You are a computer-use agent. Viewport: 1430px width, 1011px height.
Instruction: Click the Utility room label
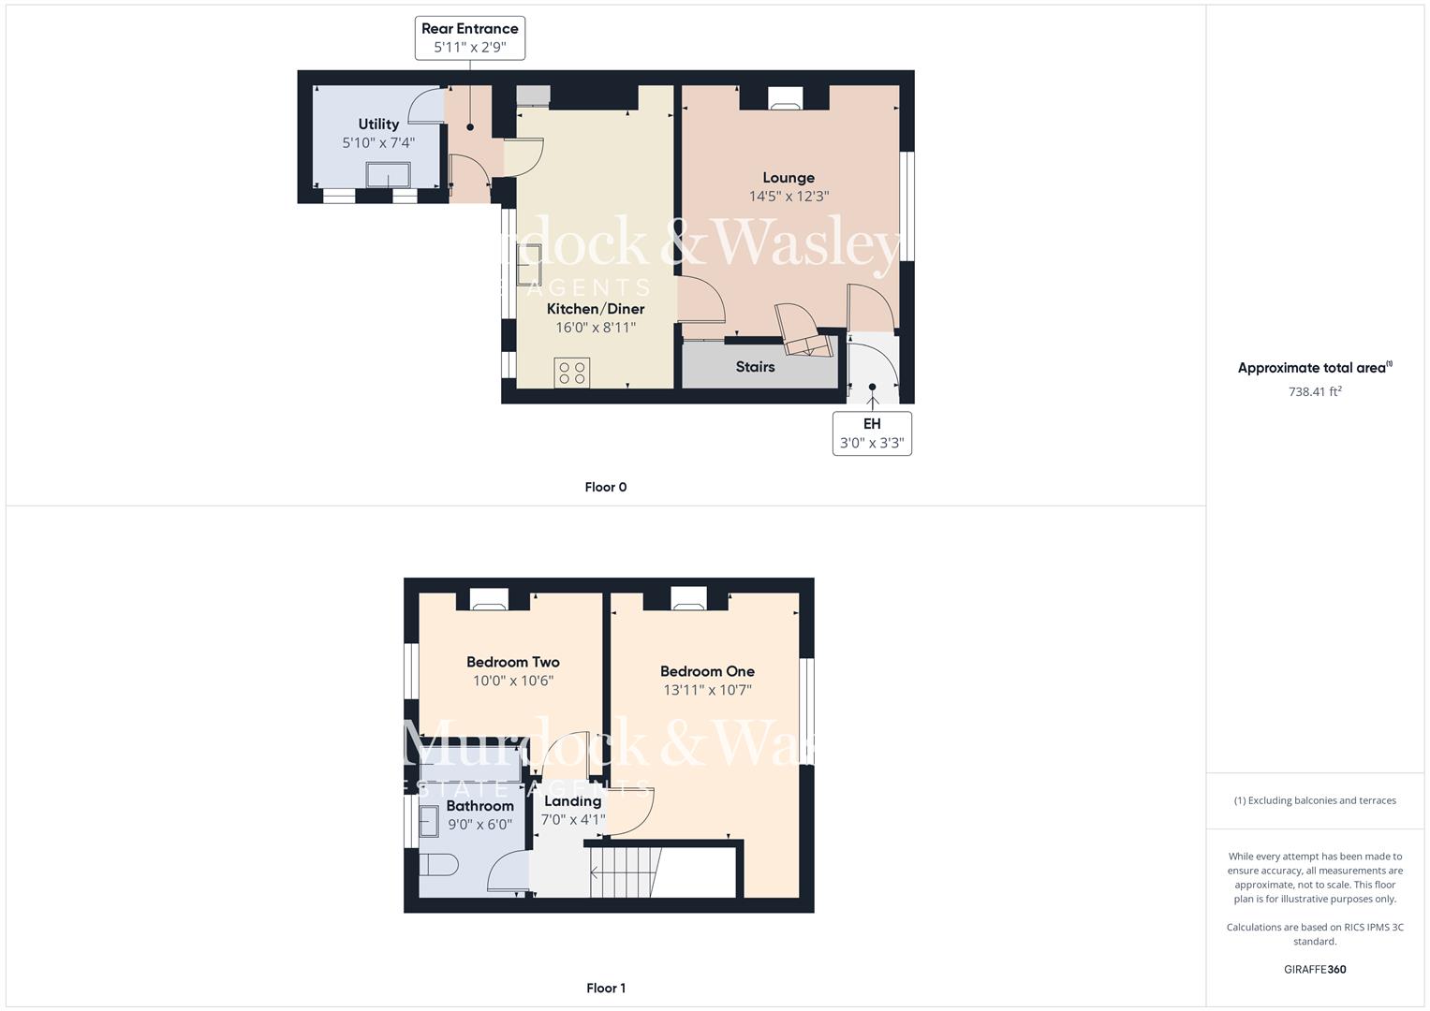click(x=378, y=124)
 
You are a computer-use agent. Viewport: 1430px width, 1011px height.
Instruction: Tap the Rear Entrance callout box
click(x=469, y=38)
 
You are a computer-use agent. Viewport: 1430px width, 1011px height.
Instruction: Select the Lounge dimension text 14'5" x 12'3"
click(x=789, y=197)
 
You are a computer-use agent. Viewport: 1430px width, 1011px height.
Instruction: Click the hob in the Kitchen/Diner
click(x=572, y=373)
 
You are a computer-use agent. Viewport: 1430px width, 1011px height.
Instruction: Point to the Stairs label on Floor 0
click(x=755, y=367)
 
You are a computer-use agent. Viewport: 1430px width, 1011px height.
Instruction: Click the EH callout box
click(x=872, y=433)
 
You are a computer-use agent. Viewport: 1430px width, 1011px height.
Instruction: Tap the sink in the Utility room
click(x=388, y=176)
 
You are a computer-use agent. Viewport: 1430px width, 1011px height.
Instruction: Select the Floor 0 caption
click(x=605, y=487)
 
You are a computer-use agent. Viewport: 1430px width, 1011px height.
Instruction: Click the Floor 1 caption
click(x=605, y=988)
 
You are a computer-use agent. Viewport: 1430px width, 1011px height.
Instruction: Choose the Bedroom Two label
click(x=513, y=662)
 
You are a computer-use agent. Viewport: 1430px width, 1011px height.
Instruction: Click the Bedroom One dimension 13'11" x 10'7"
click(x=707, y=691)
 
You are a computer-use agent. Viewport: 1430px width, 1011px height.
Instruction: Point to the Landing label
click(x=572, y=801)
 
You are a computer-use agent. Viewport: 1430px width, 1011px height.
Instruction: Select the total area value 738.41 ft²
click(x=1315, y=392)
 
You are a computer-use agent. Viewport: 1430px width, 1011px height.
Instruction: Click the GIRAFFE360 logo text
click(x=1315, y=969)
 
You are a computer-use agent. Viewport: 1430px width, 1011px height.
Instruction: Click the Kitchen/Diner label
click(x=596, y=309)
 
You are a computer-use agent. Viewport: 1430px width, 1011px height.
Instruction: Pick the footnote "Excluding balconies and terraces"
click(x=1315, y=800)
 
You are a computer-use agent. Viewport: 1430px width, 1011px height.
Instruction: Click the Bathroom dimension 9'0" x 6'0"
click(x=479, y=825)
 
